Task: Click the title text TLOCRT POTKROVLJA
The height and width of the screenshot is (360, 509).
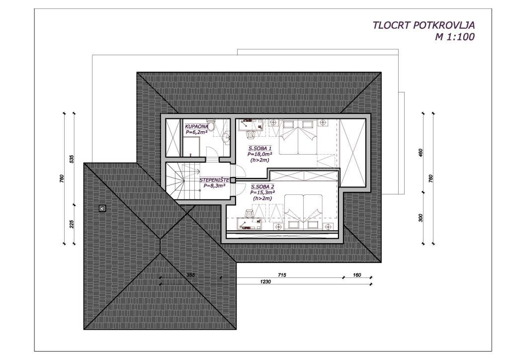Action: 424,25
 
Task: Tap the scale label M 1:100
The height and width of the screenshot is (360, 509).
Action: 454,37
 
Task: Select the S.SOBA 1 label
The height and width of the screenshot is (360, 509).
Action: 260,148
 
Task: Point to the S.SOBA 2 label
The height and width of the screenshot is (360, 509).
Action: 262,186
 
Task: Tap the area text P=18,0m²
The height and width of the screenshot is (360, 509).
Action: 259,154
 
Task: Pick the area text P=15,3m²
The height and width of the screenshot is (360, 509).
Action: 262,192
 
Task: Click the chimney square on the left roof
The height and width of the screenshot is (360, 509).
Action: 103,208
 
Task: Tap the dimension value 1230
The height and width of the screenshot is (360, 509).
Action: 265,282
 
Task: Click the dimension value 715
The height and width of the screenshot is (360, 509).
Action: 282,275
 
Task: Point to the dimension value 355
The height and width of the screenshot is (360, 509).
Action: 190,275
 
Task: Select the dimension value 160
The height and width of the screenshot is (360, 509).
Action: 357,275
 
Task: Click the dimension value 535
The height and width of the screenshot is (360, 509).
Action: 72,159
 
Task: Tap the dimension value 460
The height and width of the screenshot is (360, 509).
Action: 421,153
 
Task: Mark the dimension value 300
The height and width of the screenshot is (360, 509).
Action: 421,218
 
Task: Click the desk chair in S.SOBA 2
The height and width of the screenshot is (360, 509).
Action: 249,213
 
